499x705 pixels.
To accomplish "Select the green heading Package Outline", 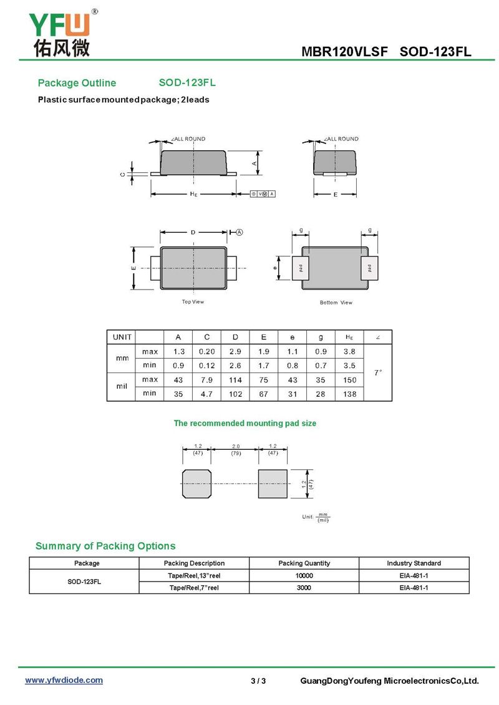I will click(77, 83).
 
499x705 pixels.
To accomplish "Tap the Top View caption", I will click(193, 302).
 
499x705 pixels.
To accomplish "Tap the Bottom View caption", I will click(336, 303).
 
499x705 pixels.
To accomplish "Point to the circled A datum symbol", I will click(239, 232).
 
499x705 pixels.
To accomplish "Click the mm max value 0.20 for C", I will click(207, 351).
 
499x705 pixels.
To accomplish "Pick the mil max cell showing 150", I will click(349, 379).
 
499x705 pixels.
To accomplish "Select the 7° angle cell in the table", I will click(378, 372).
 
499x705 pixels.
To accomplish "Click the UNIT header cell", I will click(122, 337).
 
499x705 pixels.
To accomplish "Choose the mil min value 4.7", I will click(207, 394).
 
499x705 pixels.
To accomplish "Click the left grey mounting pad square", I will click(196, 484).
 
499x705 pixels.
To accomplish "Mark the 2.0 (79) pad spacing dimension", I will click(235, 450).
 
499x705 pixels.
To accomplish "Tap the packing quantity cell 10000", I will click(304, 575).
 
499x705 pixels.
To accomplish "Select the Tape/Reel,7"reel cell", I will click(193, 587).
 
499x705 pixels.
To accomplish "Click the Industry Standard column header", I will click(414, 563).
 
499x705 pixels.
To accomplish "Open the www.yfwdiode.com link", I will click(64, 680).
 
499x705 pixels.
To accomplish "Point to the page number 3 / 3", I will click(258, 681).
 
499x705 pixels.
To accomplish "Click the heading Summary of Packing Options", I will click(105, 546).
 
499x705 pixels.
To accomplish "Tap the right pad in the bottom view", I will click(369, 268).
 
